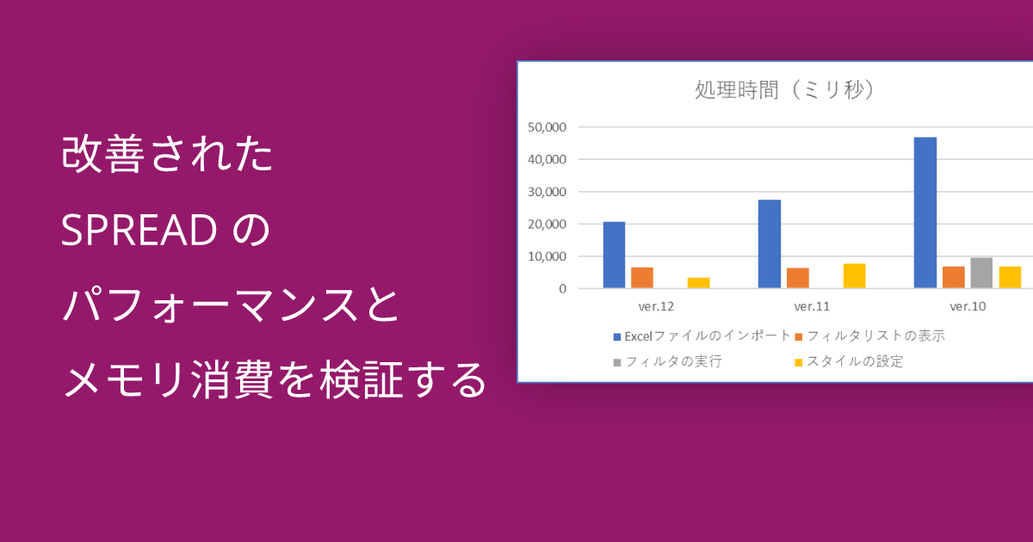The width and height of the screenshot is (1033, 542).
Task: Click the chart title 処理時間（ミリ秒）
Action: click(x=784, y=89)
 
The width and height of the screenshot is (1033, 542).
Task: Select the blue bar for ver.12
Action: click(x=615, y=255)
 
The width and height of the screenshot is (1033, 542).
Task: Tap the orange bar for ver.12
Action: click(x=642, y=277)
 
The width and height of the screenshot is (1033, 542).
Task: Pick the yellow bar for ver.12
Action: click(x=699, y=283)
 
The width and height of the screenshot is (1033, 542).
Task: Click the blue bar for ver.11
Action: click(x=770, y=243)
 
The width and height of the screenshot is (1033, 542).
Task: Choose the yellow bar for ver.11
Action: click(x=855, y=276)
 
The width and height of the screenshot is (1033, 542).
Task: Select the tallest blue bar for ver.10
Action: click(x=925, y=212)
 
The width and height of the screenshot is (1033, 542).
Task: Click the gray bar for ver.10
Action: click(x=981, y=273)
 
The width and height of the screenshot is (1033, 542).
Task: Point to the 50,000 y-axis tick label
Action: click(x=547, y=127)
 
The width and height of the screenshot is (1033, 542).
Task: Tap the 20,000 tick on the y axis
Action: click(x=547, y=224)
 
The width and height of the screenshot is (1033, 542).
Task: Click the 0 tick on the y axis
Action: click(x=562, y=288)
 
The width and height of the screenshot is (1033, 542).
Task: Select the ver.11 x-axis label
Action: click(x=812, y=306)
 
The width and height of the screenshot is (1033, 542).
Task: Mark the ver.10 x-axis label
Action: click(x=968, y=306)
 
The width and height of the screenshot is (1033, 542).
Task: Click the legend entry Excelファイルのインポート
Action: click(x=702, y=336)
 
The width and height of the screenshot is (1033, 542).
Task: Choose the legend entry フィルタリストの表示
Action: click(x=870, y=336)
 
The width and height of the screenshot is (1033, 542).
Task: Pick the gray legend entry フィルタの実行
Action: click(x=668, y=362)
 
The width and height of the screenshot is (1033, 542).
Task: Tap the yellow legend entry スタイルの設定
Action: click(x=849, y=362)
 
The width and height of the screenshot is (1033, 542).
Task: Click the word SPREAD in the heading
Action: click(x=139, y=230)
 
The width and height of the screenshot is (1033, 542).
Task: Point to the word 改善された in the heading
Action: click(x=167, y=154)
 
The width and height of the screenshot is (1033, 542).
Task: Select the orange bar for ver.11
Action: click(x=798, y=278)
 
